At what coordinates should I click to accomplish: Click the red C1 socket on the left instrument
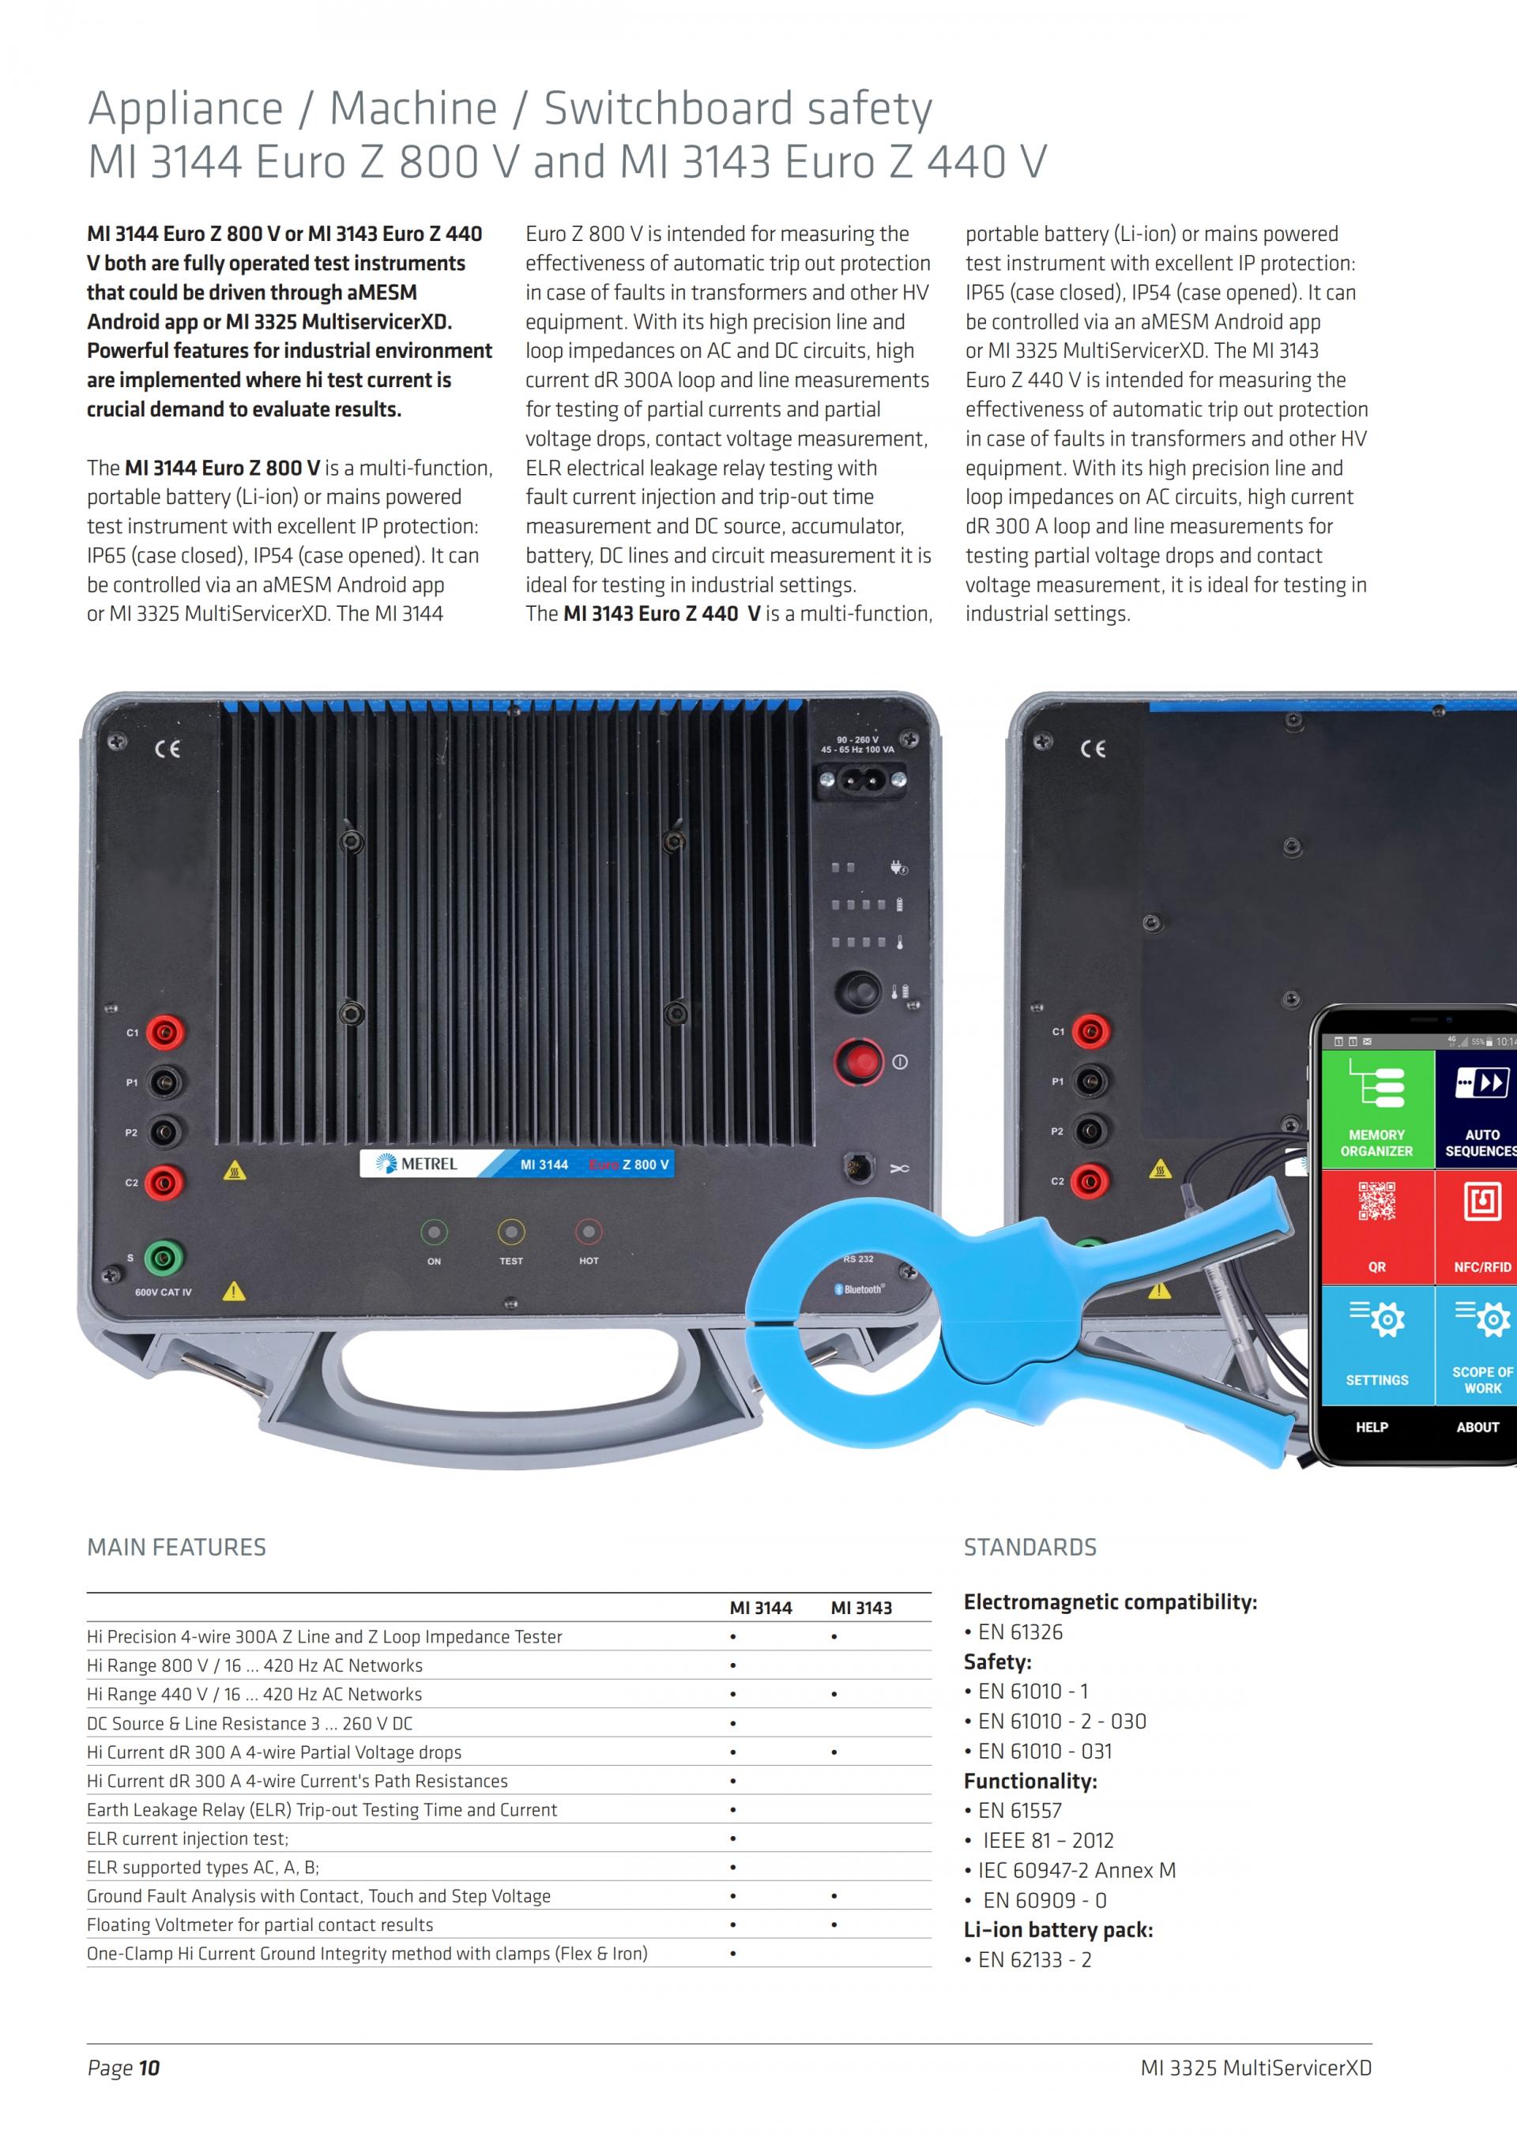pyautogui.click(x=164, y=1033)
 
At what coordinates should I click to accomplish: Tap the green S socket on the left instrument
pyautogui.click(x=163, y=1258)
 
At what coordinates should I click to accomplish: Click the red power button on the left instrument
pyautogui.click(x=859, y=1061)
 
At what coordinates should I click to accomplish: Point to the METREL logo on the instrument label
pyautogui.click(x=416, y=1164)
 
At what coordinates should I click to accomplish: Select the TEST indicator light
pyautogui.click(x=511, y=1232)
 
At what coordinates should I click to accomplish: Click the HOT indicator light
pyautogui.click(x=589, y=1232)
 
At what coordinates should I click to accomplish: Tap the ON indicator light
pyautogui.click(x=435, y=1232)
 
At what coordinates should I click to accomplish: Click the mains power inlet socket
pyautogui.click(x=861, y=779)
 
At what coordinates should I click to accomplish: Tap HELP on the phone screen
pyautogui.click(x=1372, y=1427)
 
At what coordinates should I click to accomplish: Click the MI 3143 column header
pyautogui.click(x=860, y=1608)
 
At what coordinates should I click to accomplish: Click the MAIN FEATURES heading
pyautogui.click(x=176, y=1547)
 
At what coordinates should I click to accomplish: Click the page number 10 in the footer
pyautogui.click(x=149, y=2068)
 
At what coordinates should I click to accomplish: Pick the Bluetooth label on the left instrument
pyautogui.click(x=861, y=1289)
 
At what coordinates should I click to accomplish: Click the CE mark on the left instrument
pyautogui.click(x=168, y=749)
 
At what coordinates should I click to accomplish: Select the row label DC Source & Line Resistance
pyautogui.click(x=250, y=1723)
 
